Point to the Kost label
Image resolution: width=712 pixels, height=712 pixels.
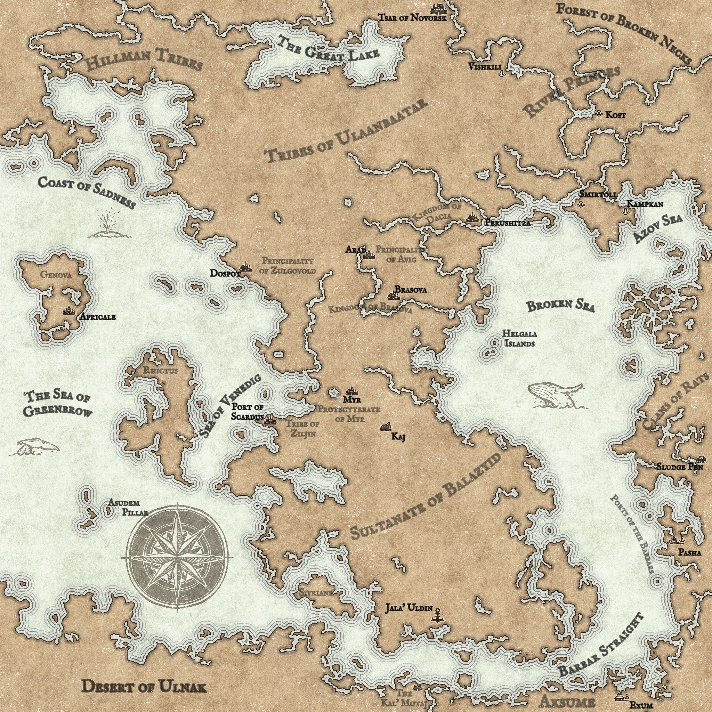[x=615, y=115]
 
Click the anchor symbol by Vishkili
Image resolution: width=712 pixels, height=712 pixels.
[x=501, y=73]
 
